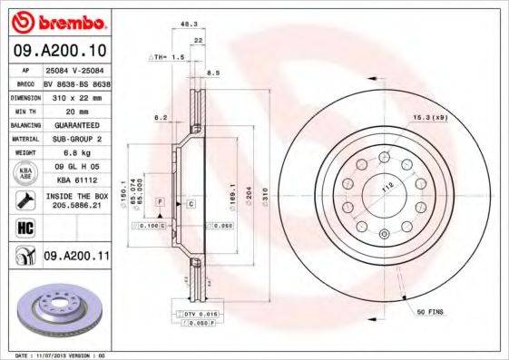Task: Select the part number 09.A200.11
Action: tap(77, 258)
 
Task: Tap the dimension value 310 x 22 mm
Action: tap(76, 95)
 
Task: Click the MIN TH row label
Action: tap(24, 110)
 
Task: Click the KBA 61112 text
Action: tap(76, 179)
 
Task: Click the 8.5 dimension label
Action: tap(214, 73)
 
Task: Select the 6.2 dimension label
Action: tap(160, 118)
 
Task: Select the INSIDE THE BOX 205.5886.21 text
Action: tap(76, 199)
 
